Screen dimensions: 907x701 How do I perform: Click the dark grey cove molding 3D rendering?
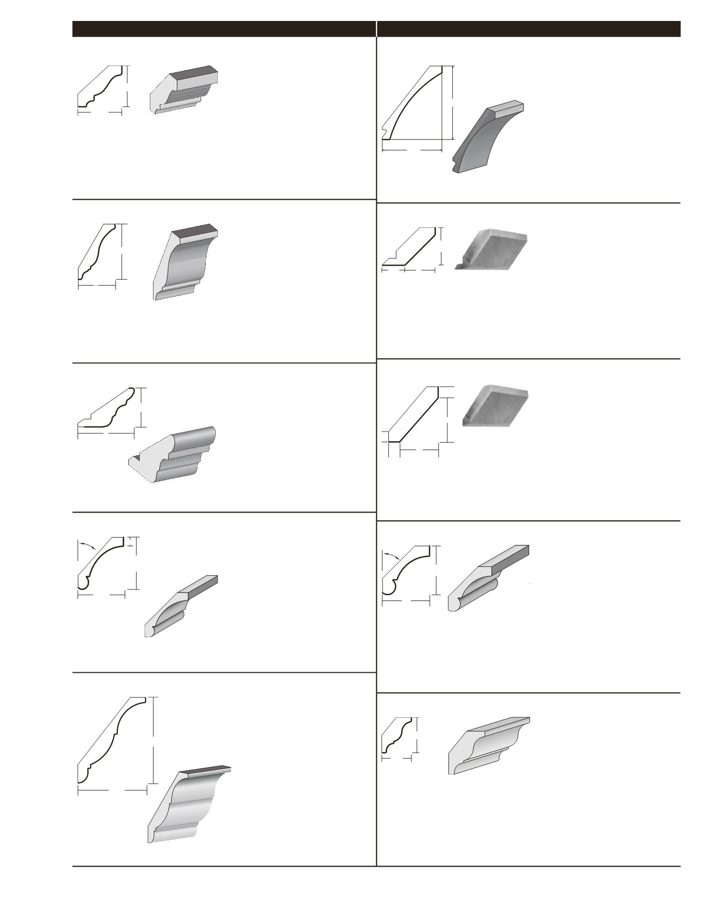[x=482, y=139]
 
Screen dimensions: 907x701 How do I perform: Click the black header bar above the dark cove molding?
[x=529, y=29]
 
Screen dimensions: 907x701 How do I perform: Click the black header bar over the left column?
[x=224, y=29]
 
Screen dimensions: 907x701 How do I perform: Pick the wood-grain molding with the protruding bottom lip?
[x=492, y=249]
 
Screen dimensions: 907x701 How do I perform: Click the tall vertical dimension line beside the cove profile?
[x=453, y=102]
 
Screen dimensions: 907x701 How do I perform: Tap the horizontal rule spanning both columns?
[x=376, y=866]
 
